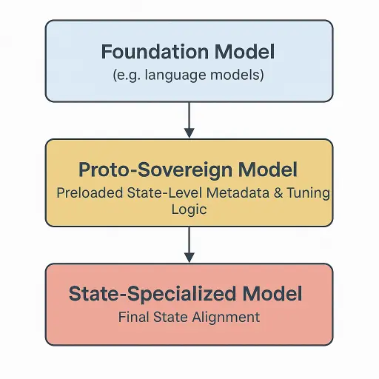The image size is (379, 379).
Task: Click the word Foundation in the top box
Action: click(155, 52)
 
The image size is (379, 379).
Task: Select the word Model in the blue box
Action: click(244, 52)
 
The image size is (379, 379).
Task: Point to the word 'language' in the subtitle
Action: click(175, 75)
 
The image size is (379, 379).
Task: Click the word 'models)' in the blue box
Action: click(237, 75)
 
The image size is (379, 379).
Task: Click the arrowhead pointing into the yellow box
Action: click(189, 133)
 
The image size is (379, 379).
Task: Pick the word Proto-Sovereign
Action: click(155, 170)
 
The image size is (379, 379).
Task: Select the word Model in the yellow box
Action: click(267, 170)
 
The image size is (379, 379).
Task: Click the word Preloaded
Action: click(90, 192)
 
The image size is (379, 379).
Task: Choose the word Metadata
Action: click(238, 192)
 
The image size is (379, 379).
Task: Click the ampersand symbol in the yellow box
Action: click(278, 192)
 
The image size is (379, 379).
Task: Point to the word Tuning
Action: click(308, 193)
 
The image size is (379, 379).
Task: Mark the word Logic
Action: click(189, 210)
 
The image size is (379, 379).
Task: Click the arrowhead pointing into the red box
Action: click(189, 258)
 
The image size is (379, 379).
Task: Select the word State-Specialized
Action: click(152, 294)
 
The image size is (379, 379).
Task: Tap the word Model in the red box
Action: click(272, 293)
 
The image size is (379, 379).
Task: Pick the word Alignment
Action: click(226, 318)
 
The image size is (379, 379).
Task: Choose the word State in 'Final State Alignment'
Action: click(170, 317)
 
